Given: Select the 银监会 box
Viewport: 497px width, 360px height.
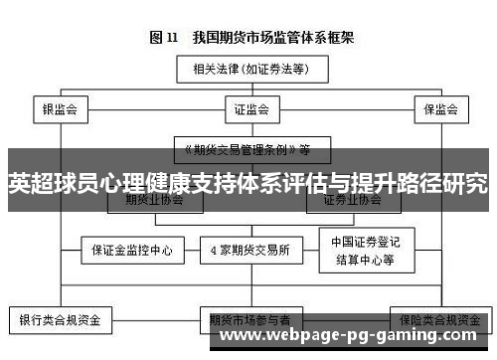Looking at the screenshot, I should pos(61,108).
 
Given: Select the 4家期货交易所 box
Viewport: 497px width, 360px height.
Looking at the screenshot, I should pos(248,250).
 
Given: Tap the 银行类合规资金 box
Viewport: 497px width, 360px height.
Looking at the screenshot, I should pos(61,320).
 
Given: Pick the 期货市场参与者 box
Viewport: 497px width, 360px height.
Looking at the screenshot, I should pos(248,320).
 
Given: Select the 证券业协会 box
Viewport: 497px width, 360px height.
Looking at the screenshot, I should pos(353,199).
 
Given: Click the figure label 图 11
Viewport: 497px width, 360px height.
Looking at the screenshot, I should pos(163,37).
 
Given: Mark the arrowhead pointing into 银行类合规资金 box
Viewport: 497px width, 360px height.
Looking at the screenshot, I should pos(61,305).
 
